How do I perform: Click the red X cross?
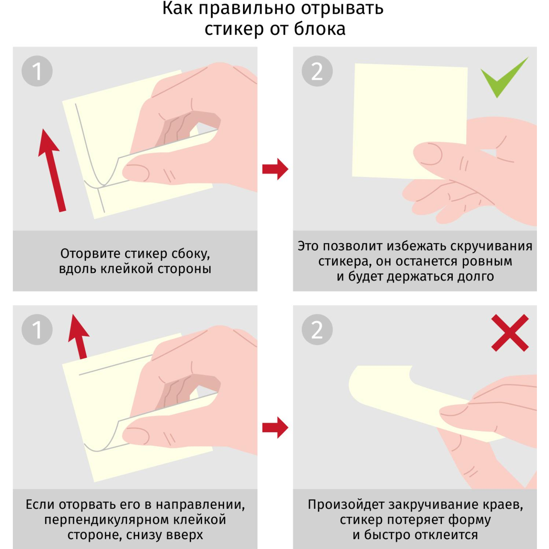(x=510, y=333)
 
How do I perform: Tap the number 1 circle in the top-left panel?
(x=37, y=71)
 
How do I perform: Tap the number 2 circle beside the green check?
(x=317, y=71)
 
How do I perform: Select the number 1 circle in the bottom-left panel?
(x=37, y=329)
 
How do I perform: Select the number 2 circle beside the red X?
(x=317, y=329)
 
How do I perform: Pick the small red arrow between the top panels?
(x=276, y=169)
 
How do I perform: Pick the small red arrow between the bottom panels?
(x=276, y=427)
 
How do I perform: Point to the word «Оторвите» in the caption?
(x=90, y=253)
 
